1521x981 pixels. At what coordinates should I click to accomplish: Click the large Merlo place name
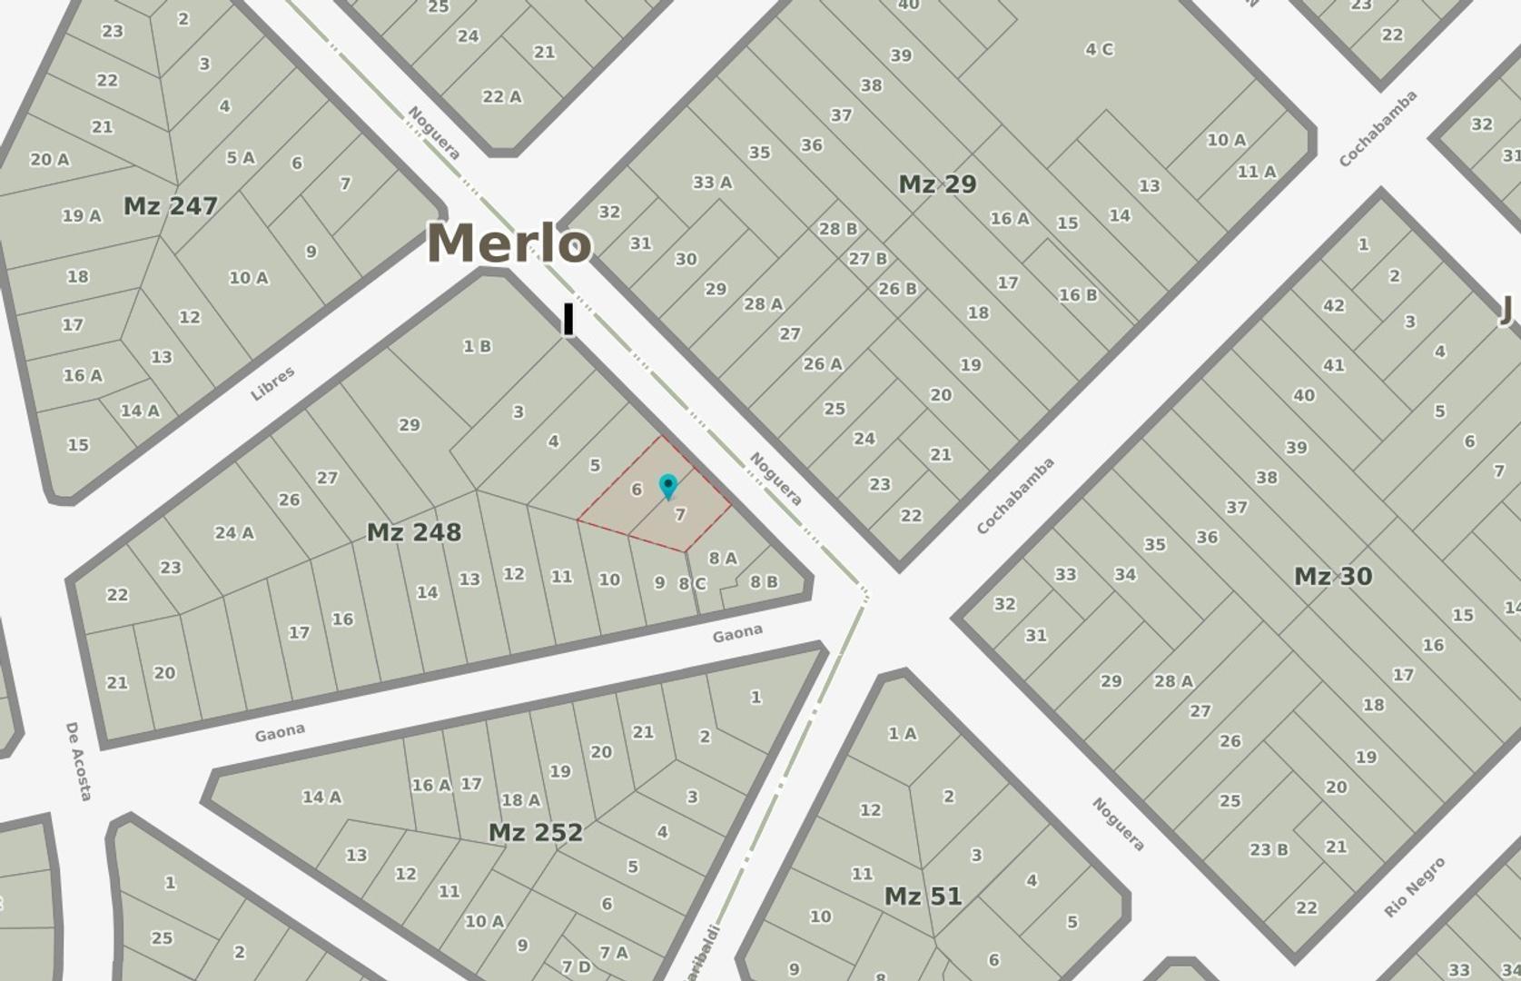click(x=509, y=243)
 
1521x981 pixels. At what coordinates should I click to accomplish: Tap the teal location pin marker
click(x=668, y=486)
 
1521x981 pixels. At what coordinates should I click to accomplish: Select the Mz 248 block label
click(x=413, y=532)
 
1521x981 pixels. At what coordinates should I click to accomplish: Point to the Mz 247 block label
click(x=170, y=206)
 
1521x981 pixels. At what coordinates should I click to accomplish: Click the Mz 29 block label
click(x=937, y=184)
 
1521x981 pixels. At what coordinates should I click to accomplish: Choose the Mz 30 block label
click(x=1332, y=576)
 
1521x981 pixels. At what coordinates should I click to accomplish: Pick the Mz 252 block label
click(x=535, y=832)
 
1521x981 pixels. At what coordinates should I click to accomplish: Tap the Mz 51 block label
click(x=923, y=897)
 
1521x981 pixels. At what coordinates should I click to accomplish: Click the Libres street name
click(x=272, y=383)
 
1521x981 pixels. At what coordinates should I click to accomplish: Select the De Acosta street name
click(x=79, y=761)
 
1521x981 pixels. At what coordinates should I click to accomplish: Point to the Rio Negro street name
click(x=1414, y=887)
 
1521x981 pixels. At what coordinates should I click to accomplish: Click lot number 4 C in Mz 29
click(x=1099, y=49)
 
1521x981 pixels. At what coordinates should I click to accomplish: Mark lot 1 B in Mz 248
click(x=477, y=346)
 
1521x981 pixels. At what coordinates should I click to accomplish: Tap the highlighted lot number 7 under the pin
click(x=680, y=515)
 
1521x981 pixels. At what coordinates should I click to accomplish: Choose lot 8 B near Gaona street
click(x=763, y=581)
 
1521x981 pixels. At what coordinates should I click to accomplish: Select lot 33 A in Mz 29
click(x=712, y=183)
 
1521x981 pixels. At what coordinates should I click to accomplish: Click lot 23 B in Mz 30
click(x=1269, y=850)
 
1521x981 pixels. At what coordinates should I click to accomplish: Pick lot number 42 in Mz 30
click(x=1333, y=305)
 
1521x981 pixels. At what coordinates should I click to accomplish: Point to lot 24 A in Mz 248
click(x=234, y=533)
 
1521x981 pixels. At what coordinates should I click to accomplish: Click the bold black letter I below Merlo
click(x=568, y=321)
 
